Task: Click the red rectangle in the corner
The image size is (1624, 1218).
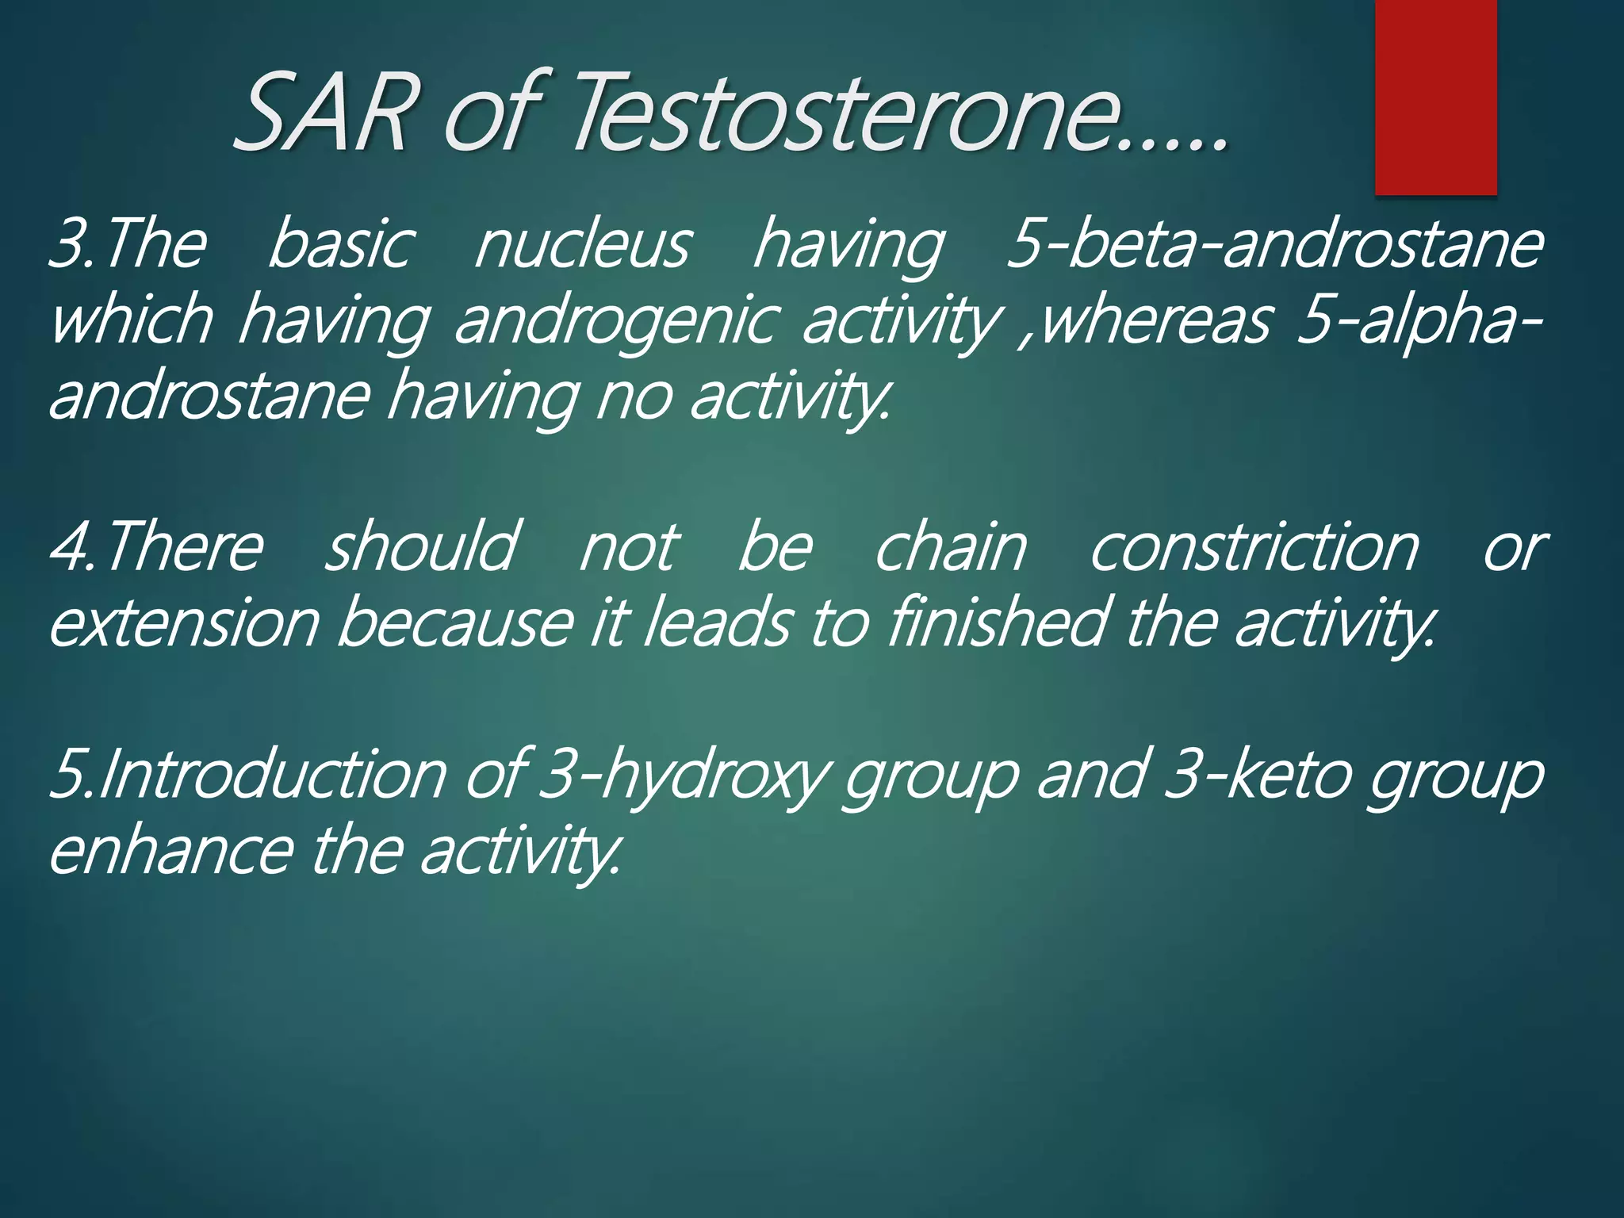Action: click(1435, 97)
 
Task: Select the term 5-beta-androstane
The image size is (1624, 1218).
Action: click(1274, 245)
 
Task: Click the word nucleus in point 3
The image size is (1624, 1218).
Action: click(583, 245)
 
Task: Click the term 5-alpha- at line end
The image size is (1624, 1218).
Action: click(1419, 321)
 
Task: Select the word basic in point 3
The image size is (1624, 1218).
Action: click(341, 245)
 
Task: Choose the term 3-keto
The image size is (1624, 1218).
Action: click(1257, 776)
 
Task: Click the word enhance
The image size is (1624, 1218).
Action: click(170, 851)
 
